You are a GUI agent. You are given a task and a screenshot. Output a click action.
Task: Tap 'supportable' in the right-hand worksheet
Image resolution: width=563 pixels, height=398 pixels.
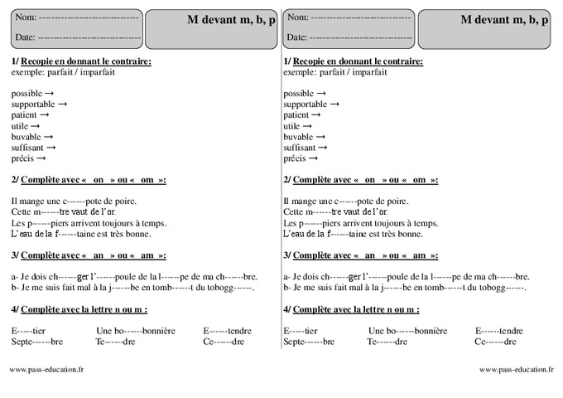point(306,104)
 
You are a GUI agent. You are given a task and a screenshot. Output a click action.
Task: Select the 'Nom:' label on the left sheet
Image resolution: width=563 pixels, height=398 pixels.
point(25,17)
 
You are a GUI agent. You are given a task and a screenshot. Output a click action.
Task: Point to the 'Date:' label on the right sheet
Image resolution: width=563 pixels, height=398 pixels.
point(296,37)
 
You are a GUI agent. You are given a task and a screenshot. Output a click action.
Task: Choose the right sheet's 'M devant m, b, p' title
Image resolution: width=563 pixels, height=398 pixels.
point(503,20)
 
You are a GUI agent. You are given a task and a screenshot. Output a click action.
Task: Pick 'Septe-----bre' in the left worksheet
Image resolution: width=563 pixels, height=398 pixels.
point(36,341)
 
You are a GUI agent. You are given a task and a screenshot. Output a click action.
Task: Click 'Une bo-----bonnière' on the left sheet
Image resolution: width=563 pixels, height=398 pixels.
point(136,330)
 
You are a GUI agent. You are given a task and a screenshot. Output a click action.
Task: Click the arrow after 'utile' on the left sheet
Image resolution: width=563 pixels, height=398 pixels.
point(34,126)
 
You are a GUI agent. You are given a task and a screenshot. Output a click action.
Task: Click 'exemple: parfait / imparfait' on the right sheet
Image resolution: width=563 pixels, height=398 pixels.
point(334,73)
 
